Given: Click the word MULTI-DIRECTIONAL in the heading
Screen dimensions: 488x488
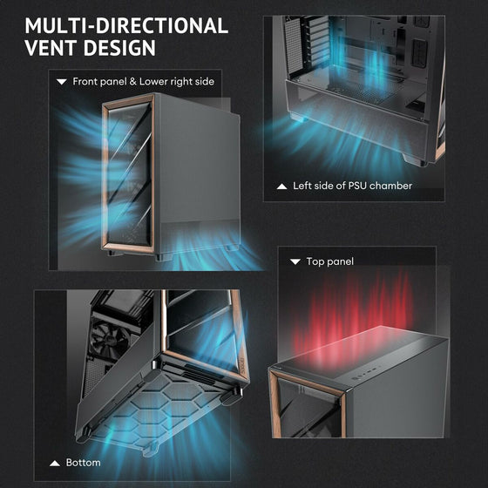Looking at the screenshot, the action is click(126, 25).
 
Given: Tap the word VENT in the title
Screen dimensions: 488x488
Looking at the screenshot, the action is click(51, 48).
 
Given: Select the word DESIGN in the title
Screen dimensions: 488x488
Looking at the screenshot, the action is click(119, 48).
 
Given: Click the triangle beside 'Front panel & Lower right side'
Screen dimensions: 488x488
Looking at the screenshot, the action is click(62, 82).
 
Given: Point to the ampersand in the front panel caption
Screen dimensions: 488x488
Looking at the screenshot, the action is click(132, 82).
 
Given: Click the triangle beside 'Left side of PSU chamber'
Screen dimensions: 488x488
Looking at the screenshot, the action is click(281, 186).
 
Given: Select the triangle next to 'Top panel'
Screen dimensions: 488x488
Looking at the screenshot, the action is click(295, 261).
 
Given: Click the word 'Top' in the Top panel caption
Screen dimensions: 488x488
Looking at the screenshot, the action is click(314, 261).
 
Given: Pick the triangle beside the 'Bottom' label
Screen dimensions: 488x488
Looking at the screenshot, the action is click(55, 464).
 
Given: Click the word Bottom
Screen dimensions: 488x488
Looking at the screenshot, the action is click(83, 463).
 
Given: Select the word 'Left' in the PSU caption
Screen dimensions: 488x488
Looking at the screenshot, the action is click(302, 186).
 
